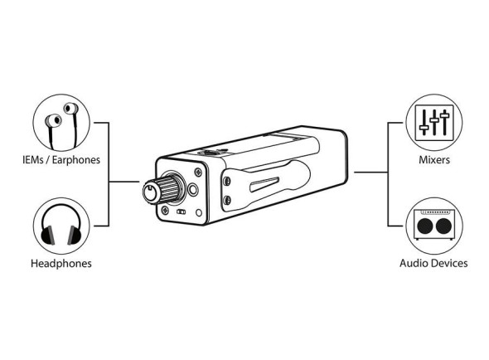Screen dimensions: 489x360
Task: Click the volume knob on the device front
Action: [161, 189]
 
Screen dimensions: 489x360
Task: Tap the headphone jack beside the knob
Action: [193, 189]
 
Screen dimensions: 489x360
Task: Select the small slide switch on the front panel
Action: [182, 212]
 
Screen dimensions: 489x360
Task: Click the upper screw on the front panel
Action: [198, 172]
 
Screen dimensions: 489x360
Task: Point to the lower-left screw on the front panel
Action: [165, 211]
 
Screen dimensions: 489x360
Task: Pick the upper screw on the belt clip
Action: [227, 181]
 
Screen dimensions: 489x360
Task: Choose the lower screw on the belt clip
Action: [227, 200]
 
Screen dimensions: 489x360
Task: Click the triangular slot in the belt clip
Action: [264, 184]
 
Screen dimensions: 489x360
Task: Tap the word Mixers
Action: [434, 160]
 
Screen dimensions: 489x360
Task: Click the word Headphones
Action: [61, 264]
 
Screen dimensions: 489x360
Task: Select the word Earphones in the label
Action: [75, 160]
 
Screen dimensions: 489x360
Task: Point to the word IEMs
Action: [33, 160]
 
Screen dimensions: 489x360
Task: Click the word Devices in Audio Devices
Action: [450, 263]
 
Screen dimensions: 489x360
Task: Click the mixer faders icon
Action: [434, 123]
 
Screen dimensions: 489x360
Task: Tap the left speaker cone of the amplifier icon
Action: [424, 226]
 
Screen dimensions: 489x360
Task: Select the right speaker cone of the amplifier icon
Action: [443, 226]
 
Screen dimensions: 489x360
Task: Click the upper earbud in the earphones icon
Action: [70, 109]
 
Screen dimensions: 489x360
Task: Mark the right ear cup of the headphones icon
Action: [75, 235]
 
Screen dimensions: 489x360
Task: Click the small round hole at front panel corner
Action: [199, 212]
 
